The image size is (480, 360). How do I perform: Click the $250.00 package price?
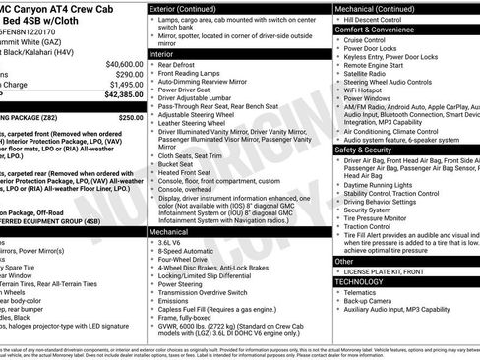coord(131,116)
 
